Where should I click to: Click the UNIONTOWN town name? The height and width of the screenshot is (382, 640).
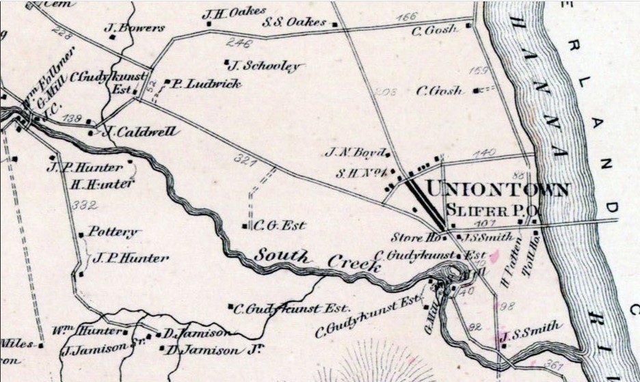pyautogui.click(x=496, y=189)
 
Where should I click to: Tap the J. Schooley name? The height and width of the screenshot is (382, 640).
pyautogui.click(x=264, y=66)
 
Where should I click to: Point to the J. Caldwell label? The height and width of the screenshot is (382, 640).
pyautogui.click(x=142, y=131)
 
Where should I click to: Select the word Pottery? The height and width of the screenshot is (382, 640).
pyautogui.click(x=114, y=232)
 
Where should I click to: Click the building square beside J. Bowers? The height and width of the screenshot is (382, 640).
pyautogui.click(x=112, y=37)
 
